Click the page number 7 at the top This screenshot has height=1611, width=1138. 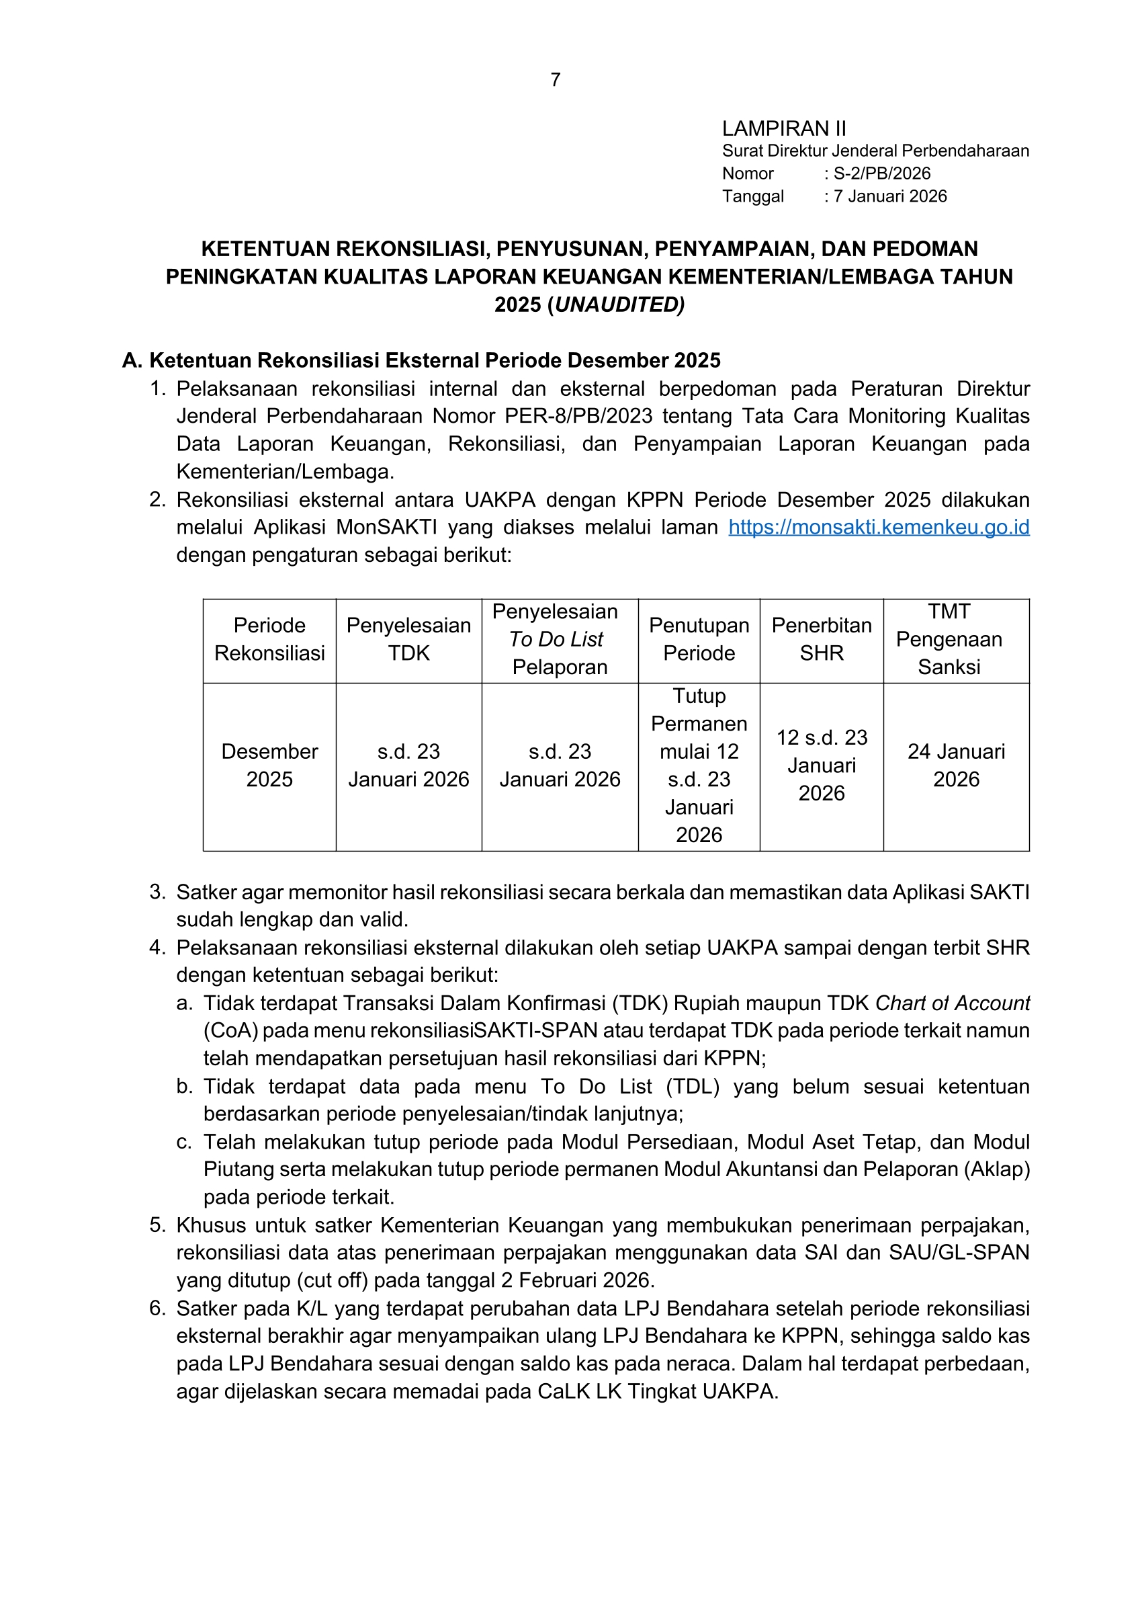point(556,80)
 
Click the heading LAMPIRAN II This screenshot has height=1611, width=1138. point(784,129)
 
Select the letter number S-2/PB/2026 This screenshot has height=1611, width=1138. point(881,174)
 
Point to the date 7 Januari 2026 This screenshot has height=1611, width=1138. point(890,196)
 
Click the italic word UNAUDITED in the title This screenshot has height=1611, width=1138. point(617,304)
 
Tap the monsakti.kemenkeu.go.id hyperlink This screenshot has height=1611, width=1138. point(879,528)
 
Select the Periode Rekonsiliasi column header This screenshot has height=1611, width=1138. point(269,639)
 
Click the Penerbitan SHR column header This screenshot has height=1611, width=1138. point(821,639)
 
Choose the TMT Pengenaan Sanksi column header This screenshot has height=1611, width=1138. point(949,639)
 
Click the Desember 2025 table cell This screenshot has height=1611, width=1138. point(269,766)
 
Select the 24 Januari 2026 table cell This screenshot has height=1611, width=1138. point(956,766)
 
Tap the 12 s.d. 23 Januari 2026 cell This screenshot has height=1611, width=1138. point(821,766)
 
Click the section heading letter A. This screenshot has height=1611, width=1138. point(131,361)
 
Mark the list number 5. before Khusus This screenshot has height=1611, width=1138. point(157,1226)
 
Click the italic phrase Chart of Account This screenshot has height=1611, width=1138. point(952,1004)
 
